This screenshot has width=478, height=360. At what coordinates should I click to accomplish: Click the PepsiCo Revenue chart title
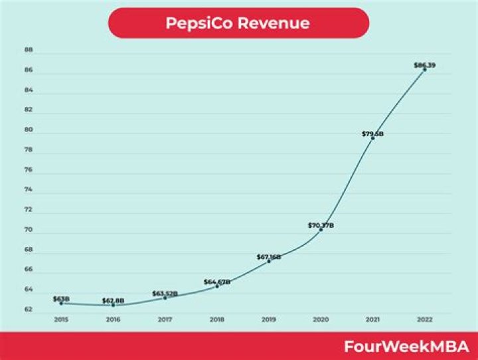coord(238,23)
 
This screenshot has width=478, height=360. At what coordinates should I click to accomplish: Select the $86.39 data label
coord(424,64)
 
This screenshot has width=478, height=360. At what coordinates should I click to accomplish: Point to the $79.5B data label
coord(372,134)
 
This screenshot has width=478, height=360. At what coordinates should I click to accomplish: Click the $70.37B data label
coord(321,225)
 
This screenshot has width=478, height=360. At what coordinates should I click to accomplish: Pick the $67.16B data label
coord(269,256)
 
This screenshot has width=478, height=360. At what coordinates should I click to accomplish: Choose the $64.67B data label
coord(217,282)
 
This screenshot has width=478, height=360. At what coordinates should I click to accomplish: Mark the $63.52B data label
coord(165,293)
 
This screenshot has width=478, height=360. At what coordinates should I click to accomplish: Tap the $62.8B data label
coord(113,301)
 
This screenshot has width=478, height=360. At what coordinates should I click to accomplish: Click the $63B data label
coord(61,298)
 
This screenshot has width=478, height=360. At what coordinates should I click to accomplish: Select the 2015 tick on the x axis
coord(61,319)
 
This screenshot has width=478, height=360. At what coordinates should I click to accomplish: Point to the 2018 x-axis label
coord(217,319)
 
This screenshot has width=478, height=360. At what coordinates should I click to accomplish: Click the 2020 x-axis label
coord(321,319)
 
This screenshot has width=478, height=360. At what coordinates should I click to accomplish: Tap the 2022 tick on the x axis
coord(425,319)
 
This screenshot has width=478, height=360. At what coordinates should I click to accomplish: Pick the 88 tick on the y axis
coord(29,50)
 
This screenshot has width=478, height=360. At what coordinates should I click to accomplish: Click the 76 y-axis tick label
coord(29,170)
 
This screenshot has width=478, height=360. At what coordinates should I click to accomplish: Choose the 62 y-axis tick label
coord(29,310)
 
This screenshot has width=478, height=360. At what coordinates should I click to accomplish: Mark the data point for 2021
coord(373,138)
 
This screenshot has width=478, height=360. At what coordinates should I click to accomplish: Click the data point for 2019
coord(269,261)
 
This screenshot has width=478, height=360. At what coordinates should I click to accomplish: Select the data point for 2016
coord(113,305)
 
